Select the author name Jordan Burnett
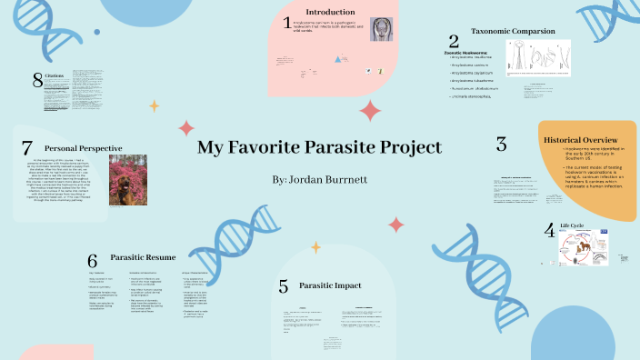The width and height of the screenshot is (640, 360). click(x=319, y=179)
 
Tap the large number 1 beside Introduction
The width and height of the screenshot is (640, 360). click(x=287, y=23)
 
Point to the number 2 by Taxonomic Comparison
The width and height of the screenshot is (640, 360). click(x=453, y=41)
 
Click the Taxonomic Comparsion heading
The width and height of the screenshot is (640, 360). click(x=513, y=31)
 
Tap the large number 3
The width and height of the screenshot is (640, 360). click(x=501, y=144)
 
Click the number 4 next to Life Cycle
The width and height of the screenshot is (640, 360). click(x=549, y=230)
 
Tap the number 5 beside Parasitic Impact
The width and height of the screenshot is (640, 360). click(x=284, y=286)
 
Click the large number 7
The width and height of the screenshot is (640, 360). click(x=26, y=147)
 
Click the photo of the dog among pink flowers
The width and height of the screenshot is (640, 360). click(x=127, y=180)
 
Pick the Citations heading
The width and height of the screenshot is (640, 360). click(x=56, y=77)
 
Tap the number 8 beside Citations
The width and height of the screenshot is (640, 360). click(x=37, y=79)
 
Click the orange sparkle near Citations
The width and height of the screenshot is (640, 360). click(x=154, y=105)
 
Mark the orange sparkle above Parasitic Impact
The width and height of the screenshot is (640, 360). click(x=314, y=245)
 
